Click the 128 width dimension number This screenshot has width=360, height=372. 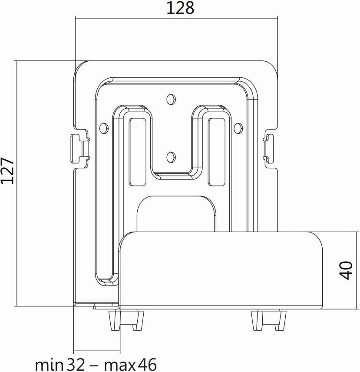pyautogui.click(x=180, y=8)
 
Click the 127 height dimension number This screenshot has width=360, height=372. pyautogui.click(x=7, y=170)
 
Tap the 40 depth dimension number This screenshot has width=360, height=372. pyautogui.click(x=345, y=270)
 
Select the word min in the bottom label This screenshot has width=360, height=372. pyautogui.click(x=49, y=364)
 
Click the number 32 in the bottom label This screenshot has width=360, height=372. pyautogui.click(x=76, y=364)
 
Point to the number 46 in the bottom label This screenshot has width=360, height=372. pyautogui.click(x=147, y=364)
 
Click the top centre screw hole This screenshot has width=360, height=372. pyautogui.click(x=171, y=99)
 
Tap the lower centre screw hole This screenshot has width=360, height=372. pyautogui.click(x=171, y=157)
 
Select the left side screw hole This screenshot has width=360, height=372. pyautogui.click(x=103, y=128)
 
